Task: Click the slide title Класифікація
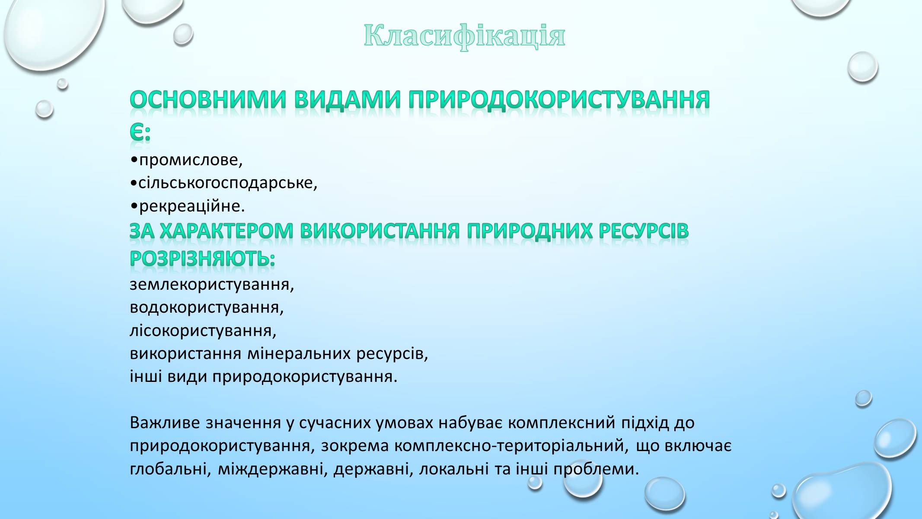click(464, 35)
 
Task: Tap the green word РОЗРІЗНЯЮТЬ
click(202, 259)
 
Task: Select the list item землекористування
click(212, 285)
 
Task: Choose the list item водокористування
click(207, 308)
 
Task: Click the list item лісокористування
click(203, 331)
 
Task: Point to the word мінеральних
click(299, 354)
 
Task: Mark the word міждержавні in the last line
click(271, 469)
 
